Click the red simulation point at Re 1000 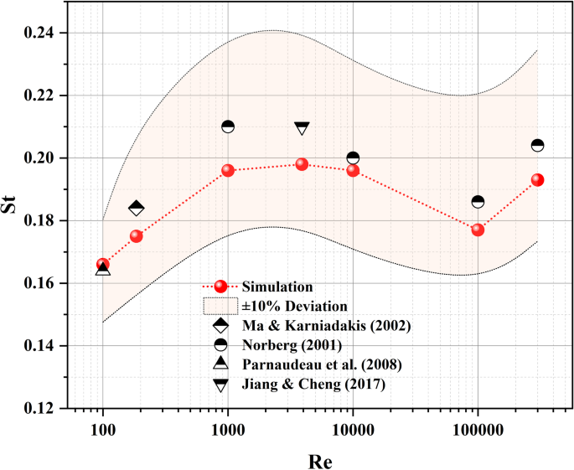[228, 170]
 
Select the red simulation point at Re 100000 [478, 230]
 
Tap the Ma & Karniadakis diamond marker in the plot [137, 208]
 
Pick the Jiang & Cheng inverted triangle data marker [303, 128]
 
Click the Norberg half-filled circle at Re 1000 [228, 127]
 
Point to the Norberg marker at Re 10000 [353, 158]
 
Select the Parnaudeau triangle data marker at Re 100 [103, 269]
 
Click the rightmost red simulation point [538, 180]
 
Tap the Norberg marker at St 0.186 [478, 201]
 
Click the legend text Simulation [276, 287]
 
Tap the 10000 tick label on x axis [353, 428]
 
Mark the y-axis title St [13, 220]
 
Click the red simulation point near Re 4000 [302, 164]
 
